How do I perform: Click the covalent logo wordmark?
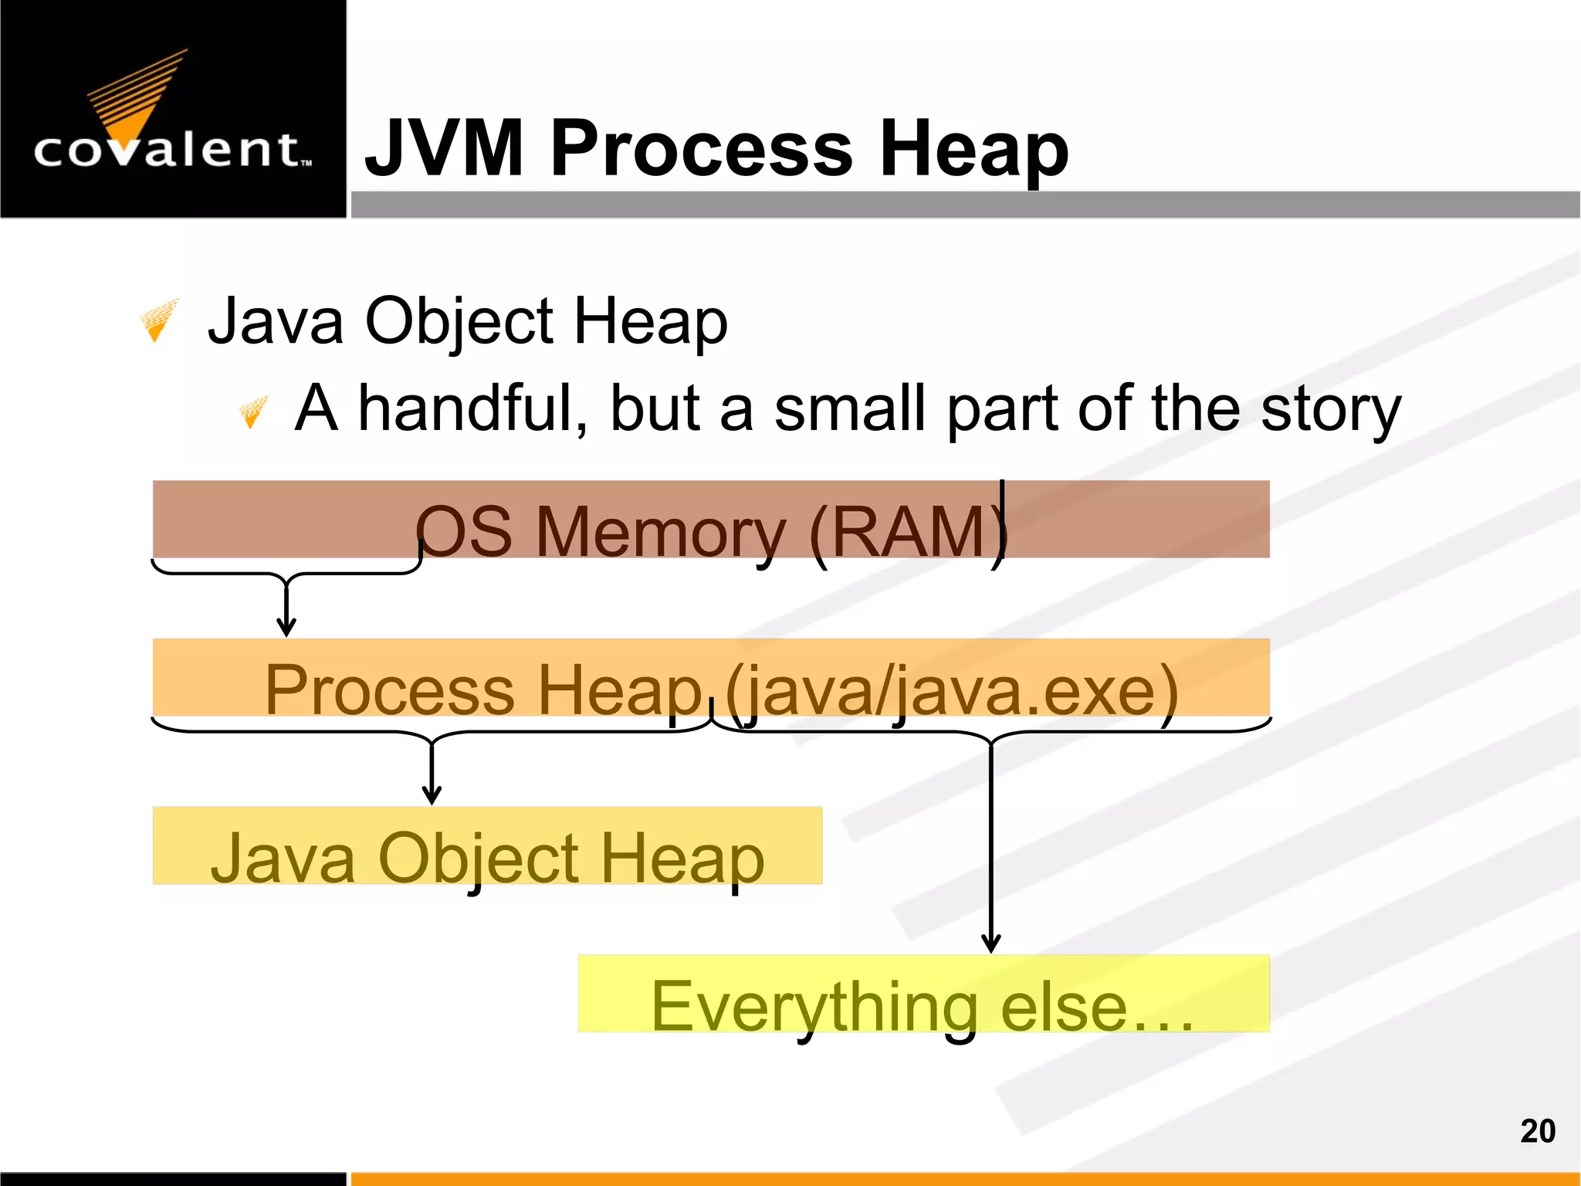point(173,150)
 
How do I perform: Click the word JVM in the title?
point(445,148)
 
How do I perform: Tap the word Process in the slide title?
point(701,148)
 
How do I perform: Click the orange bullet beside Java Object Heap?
point(158,320)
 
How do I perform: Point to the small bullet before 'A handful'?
point(252,411)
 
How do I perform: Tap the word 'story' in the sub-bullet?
point(1330,409)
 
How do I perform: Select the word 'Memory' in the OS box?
point(661,531)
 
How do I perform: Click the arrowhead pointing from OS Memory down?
point(286,627)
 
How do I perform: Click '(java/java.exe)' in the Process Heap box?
point(951,690)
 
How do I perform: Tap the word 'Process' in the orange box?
point(389,690)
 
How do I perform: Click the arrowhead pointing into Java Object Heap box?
point(432,795)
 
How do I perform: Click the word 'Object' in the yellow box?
point(479,859)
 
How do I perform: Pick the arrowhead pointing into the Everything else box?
point(991,943)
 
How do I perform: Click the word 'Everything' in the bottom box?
point(815,1007)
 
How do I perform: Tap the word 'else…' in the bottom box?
point(1096,1007)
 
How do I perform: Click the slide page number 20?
point(1537,1131)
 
